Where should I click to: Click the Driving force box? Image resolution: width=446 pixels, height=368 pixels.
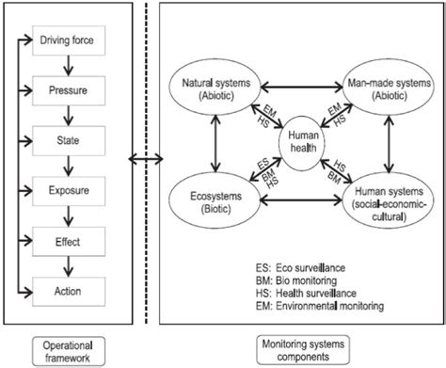click(x=72, y=40)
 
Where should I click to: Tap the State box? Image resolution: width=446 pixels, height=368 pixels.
click(x=72, y=141)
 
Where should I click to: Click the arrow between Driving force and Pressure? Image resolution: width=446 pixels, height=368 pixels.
click(x=72, y=68)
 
